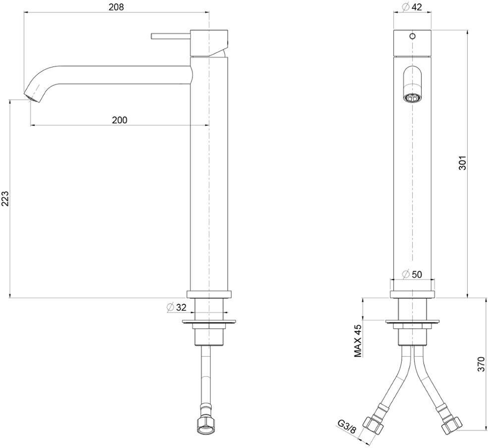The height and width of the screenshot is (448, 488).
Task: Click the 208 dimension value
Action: [116, 7]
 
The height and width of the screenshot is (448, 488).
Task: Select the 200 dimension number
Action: [120, 120]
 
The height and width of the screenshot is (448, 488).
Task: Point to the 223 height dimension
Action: [5, 198]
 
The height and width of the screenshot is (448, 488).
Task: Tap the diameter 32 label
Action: [177, 307]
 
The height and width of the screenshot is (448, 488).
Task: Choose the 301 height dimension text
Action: [463, 163]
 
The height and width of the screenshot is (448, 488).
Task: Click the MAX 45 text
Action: [358, 341]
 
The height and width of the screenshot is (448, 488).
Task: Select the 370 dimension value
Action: [481, 364]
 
